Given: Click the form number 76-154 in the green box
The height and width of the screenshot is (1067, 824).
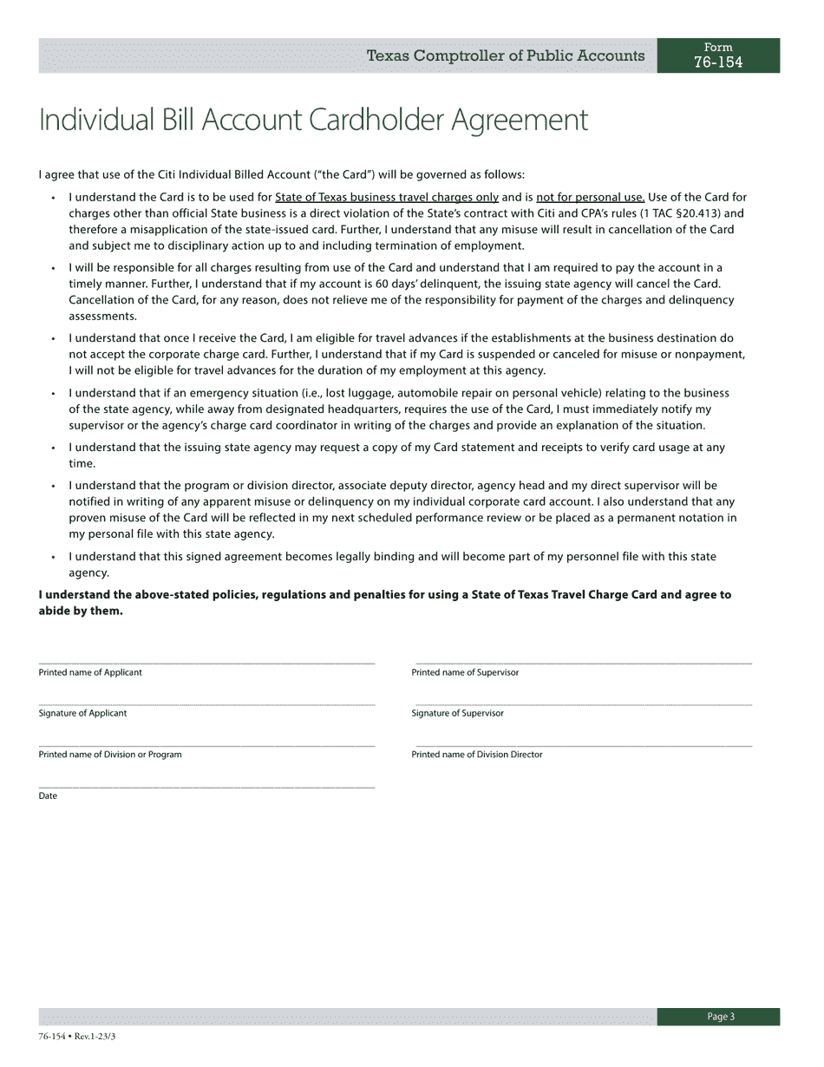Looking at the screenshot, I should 718,62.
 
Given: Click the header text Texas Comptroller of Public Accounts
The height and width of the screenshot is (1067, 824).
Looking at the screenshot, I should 506,56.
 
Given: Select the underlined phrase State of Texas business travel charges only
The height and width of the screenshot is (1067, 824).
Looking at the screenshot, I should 387,198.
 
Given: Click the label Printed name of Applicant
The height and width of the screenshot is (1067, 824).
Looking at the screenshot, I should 90,672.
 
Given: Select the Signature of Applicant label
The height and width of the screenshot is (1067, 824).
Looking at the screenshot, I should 82,713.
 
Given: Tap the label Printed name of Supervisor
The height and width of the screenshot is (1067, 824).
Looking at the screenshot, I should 465,672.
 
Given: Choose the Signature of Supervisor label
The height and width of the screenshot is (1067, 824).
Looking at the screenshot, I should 457,713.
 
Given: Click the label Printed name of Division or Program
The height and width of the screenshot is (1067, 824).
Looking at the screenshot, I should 110,755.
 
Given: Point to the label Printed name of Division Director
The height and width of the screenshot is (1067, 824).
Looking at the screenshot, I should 477,755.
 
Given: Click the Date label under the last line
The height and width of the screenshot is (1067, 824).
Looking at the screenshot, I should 48,795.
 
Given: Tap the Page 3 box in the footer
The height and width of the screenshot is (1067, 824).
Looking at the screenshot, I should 719,1017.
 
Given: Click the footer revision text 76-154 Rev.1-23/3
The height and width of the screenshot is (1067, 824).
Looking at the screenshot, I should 77,1037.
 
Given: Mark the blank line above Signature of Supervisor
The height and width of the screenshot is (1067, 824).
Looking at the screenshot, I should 583,704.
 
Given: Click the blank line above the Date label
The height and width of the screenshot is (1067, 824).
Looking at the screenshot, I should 206,787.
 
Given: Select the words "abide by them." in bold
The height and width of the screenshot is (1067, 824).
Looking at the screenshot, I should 81,611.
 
